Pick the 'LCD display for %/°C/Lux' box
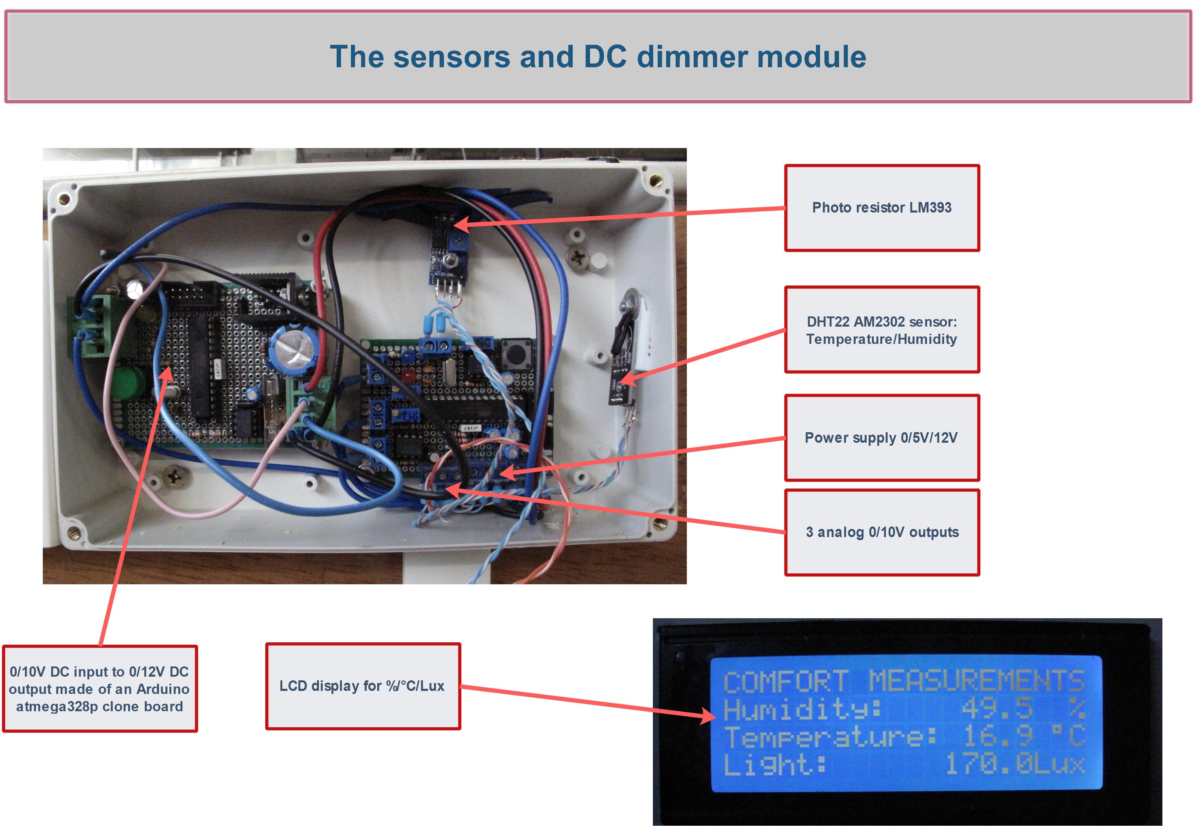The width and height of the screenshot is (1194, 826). pos(362,686)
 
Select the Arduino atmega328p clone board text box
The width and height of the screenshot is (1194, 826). pos(100,689)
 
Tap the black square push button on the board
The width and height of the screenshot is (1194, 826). pos(515,354)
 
